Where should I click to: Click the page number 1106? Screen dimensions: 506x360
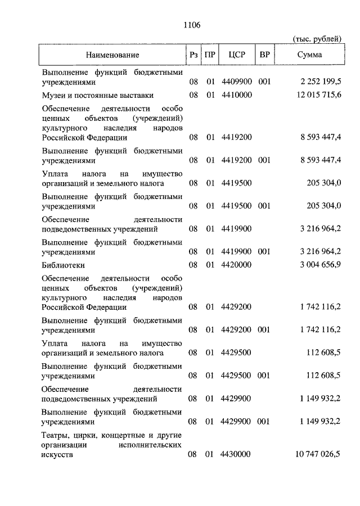[x=192, y=25]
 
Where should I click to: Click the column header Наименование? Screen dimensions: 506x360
[x=112, y=55]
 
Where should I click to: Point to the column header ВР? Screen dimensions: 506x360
[x=264, y=55]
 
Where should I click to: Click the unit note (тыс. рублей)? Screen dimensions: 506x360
[x=317, y=39]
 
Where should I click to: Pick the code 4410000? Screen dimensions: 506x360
[x=236, y=96]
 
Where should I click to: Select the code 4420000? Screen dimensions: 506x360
[x=236, y=265]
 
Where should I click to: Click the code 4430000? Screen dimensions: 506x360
[x=236, y=454]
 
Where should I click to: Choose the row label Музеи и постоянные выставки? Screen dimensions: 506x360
[x=97, y=96]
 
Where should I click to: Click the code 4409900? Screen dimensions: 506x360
[x=236, y=82]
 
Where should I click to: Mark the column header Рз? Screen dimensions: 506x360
[x=193, y=55]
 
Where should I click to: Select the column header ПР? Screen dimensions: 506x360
[x=210, y=55]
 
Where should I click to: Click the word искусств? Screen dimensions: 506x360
[x=57, y=454]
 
